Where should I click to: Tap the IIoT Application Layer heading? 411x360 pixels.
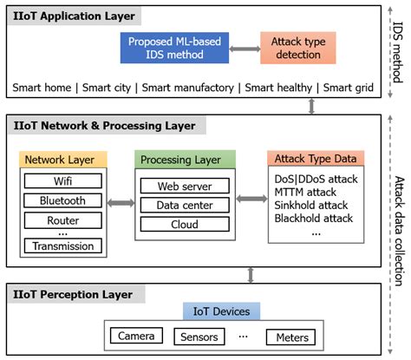click(68, 16)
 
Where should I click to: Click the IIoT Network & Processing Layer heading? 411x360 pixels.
click(102, 126)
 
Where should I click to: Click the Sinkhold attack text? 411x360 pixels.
click(310, 205)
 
